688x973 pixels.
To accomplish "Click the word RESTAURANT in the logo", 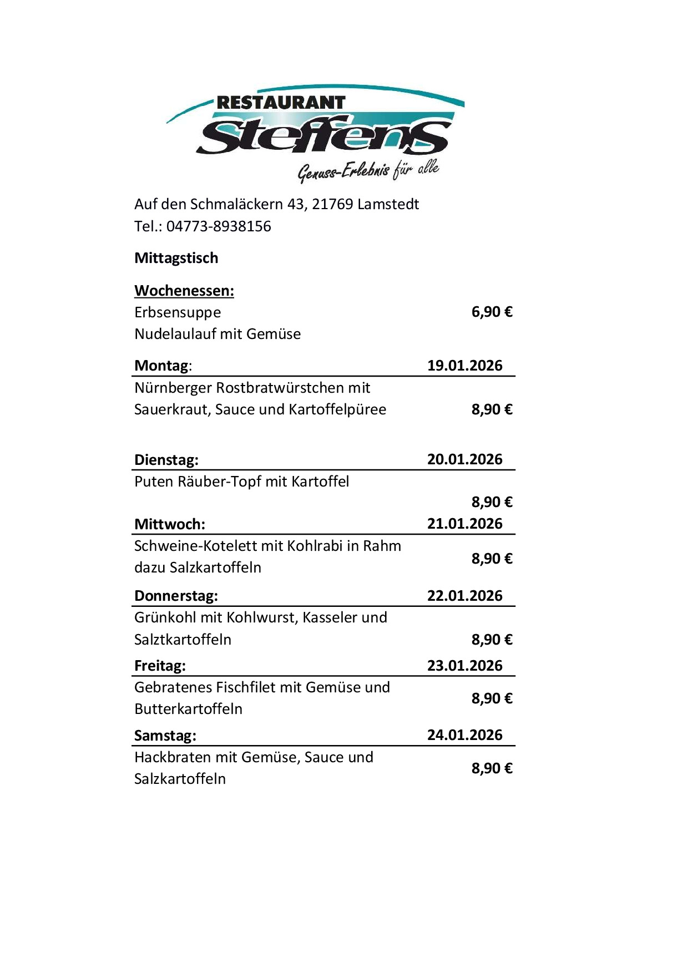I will tap(281, 103).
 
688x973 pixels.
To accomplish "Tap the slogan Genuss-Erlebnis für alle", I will tap(368, 170).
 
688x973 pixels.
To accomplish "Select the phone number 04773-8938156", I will tap(219, 226).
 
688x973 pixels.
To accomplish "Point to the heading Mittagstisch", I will tap(176, 258).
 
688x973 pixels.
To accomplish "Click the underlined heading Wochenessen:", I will tap(184, 291).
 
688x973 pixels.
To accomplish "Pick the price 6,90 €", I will tap(492, 312).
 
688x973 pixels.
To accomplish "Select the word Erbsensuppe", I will tap(178, 312).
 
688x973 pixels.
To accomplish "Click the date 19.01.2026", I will tap(464, 366).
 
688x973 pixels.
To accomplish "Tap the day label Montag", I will tap(161, 366).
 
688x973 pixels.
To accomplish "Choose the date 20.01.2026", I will tap(464, 459).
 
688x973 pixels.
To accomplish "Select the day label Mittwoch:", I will tap(170, 524).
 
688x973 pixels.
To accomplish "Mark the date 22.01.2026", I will tap(464, 596).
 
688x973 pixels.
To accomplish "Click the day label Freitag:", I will tap(160, 666).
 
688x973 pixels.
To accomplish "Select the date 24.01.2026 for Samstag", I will tap(464, 735).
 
